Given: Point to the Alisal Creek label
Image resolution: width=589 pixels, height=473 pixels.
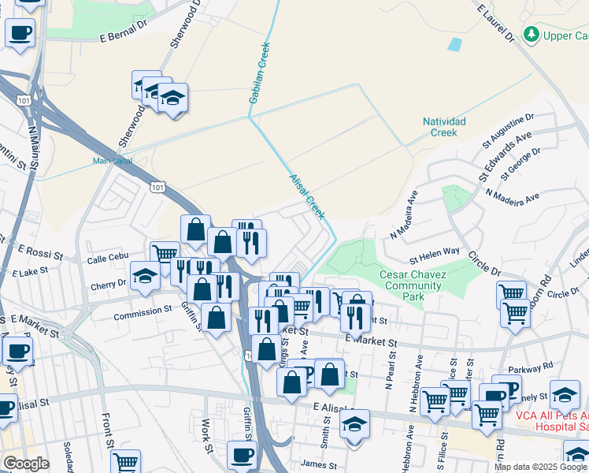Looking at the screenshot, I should [306, 197].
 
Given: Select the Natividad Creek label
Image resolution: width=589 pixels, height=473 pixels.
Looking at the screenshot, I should [445, 127].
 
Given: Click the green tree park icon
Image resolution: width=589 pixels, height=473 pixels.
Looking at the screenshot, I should [532, 35].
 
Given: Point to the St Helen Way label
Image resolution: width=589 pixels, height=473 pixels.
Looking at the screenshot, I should [434, 251].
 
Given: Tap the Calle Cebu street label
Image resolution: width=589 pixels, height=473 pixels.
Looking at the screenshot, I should [107, 258].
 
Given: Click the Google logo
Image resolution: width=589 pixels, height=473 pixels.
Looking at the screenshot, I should [26, 464].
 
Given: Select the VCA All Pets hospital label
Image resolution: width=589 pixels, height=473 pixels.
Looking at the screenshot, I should [551, 420].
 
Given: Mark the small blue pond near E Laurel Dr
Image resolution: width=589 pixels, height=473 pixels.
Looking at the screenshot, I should [455, 44].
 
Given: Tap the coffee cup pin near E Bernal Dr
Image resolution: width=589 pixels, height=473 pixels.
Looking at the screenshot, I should [20, 33].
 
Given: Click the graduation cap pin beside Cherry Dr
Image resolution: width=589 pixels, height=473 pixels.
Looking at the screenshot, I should [145, 276].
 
